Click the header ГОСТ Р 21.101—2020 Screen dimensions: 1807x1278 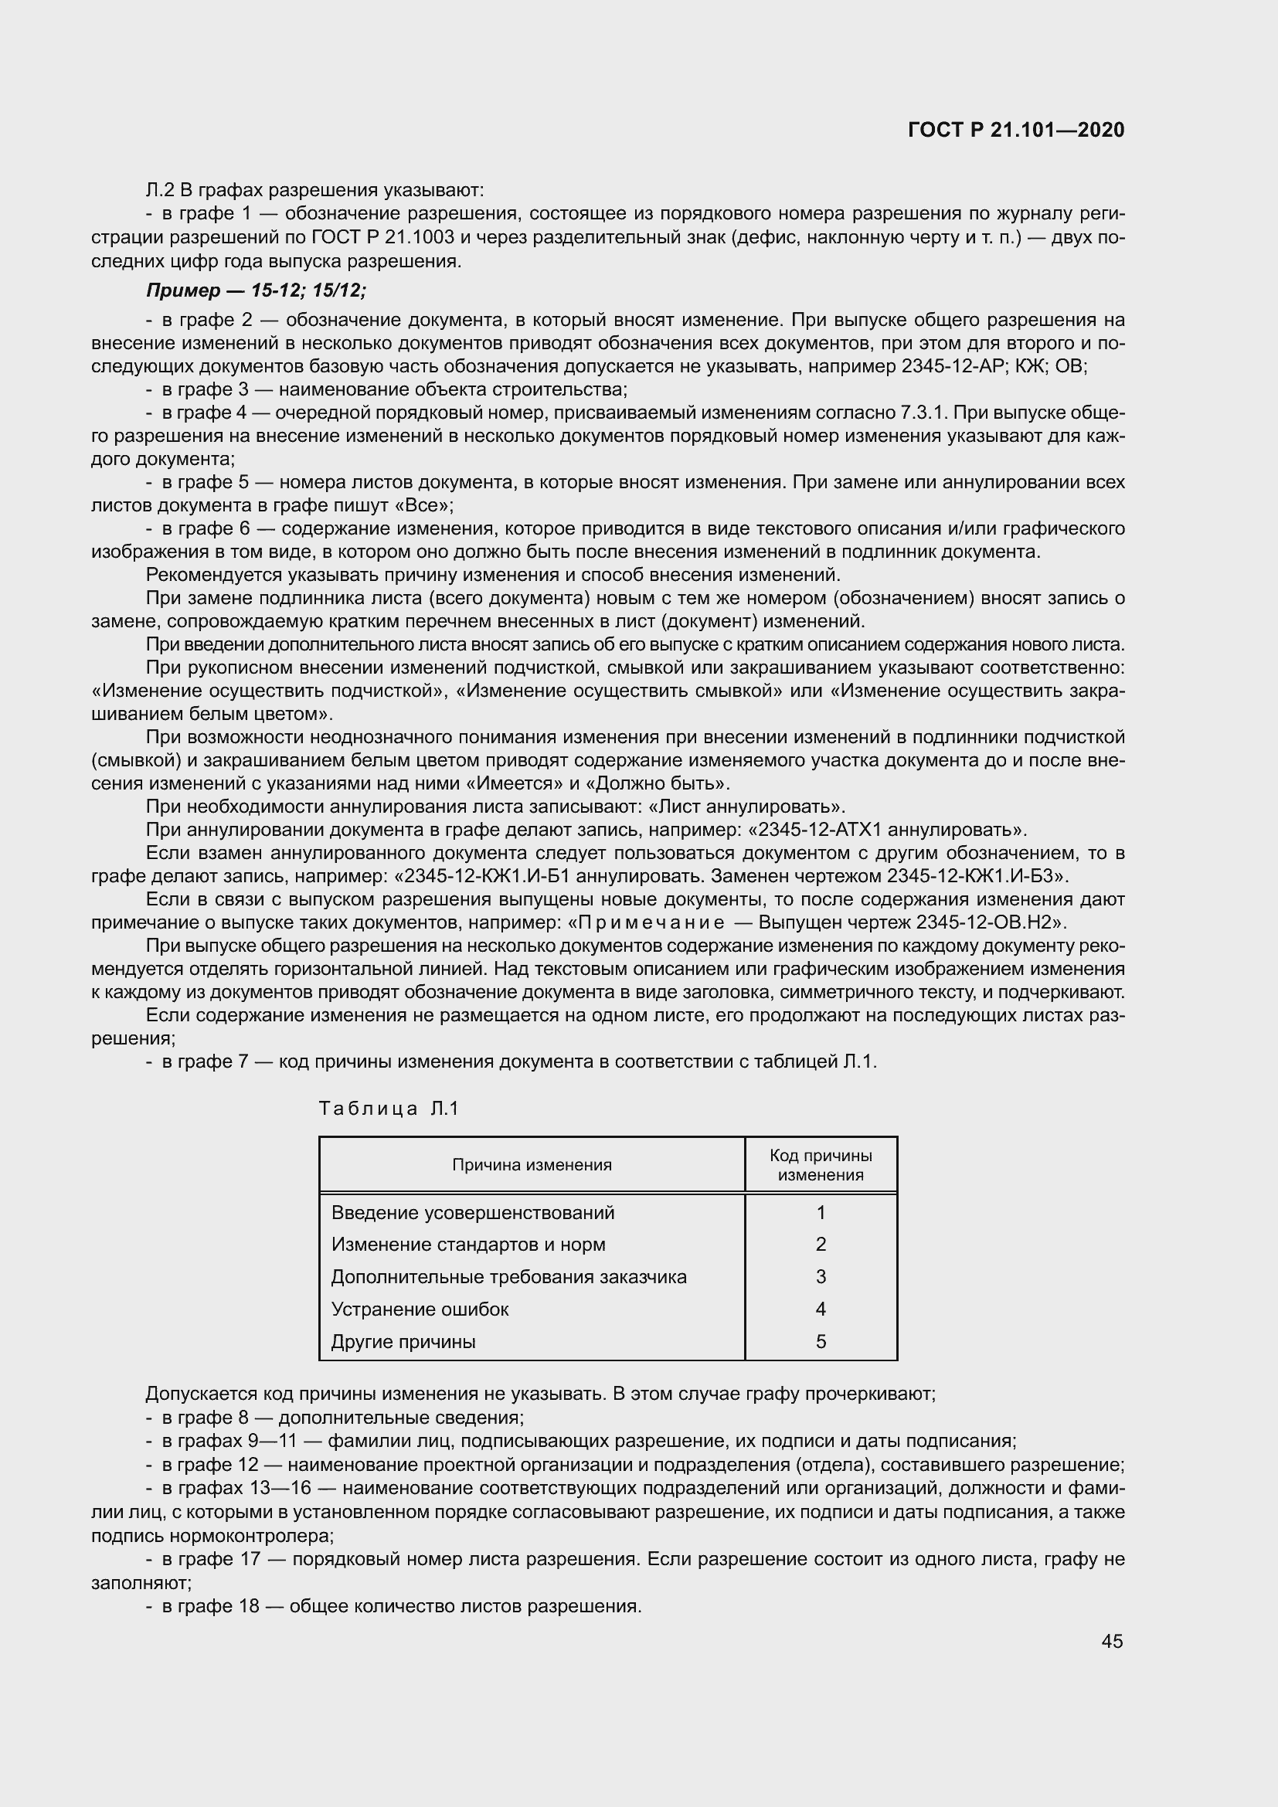tap(1016, 130)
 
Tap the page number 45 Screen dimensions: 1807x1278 tap(1112, 1641)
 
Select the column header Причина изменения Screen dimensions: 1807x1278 tap(531, 1165)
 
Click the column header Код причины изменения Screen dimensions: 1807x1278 tap(820, 1165)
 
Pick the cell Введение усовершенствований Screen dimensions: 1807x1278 tap(472, 1213)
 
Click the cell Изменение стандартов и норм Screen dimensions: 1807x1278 tap(468, 1245)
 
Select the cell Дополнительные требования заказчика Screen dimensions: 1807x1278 tap(508, 1276)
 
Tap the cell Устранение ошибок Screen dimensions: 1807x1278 tap(420, 1309)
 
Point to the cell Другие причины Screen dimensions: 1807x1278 tap(403, 1341)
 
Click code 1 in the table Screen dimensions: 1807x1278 tap(821, 1213)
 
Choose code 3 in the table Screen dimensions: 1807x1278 tap(821, 1276)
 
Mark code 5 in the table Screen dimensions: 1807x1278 tap(821, 1341)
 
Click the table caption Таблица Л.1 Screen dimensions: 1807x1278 tap(388, 1109)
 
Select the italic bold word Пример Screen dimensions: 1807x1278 tap(182, 290)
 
